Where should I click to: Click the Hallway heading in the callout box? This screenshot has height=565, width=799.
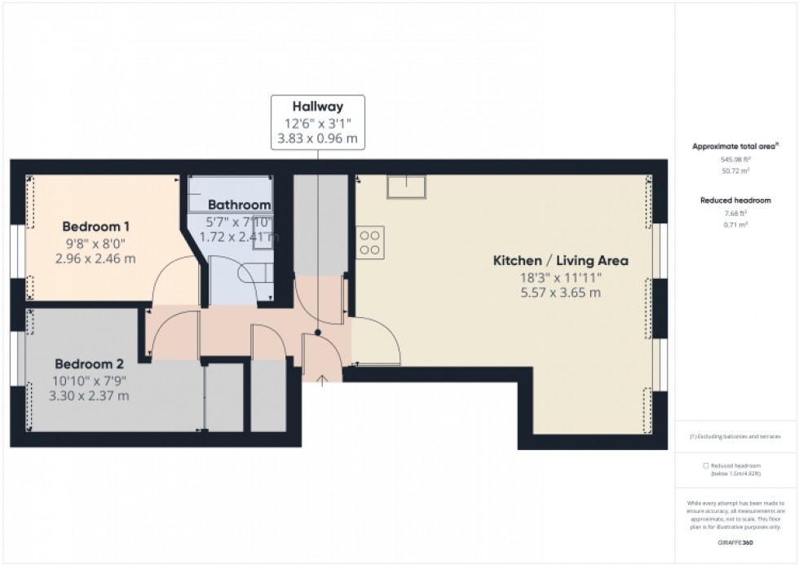318,106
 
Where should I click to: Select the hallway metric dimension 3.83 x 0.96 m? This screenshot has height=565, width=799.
318,139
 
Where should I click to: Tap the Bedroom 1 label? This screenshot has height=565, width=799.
96,226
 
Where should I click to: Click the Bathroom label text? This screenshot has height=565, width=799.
239,205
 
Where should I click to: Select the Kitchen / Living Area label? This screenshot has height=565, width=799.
560,261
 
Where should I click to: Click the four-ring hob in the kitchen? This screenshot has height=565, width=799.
370,242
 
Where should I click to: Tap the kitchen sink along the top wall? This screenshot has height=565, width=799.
405,188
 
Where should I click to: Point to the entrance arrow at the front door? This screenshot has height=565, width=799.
322,380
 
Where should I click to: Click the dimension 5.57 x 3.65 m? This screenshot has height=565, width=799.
560,292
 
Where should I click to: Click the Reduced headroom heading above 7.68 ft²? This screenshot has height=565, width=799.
735,200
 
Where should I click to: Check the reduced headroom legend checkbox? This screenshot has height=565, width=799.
706,466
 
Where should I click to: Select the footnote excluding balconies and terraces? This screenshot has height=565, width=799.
735,437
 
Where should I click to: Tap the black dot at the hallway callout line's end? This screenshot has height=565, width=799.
318,333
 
